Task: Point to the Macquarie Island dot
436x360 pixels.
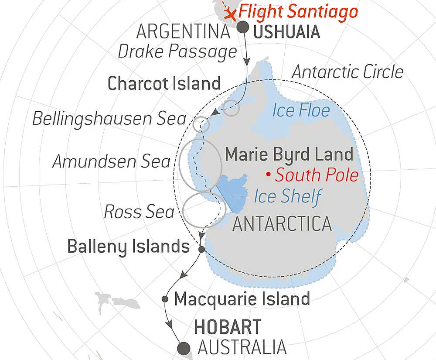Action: (x=165, y=299)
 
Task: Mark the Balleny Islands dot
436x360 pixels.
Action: (x=201, y=249)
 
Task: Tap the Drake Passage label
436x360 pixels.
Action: (x=177, y=51)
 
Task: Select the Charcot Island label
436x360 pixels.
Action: (x=164, y=83)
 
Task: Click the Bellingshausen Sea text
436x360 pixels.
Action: (x=109, y=118)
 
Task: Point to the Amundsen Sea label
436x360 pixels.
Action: (x=111, y=162)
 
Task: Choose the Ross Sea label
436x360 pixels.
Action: (x=139, y=212)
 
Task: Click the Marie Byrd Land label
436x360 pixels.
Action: (x=289, y=154)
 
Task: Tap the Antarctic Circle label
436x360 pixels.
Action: (x=347, y=72)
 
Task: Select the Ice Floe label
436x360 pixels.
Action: (x=301, y=110)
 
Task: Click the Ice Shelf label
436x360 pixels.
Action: (x=287, y=196)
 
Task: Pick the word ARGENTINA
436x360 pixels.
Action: (x=183, y=31)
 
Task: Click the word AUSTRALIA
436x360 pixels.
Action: (x=242, y=348)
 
